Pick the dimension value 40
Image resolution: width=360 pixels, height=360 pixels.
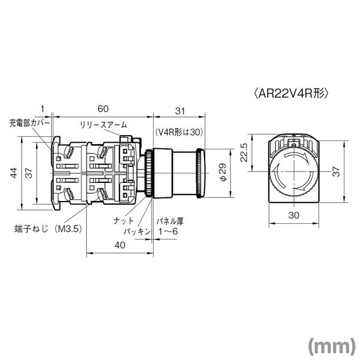point(120,244)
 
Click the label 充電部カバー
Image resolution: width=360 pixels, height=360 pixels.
point(28,125)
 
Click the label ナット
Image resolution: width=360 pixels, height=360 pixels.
point(124,220)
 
